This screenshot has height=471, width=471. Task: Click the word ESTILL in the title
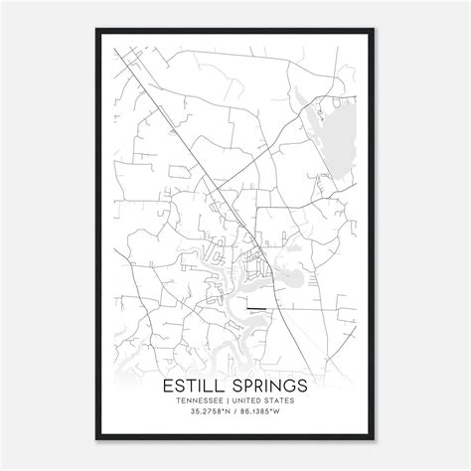click(197, 383)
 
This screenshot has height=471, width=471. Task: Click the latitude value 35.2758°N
click(207, 412)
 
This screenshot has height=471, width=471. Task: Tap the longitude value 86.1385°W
click(263, 412)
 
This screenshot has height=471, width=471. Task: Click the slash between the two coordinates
click(235, 412)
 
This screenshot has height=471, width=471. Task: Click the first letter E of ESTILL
click(168, 383)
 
